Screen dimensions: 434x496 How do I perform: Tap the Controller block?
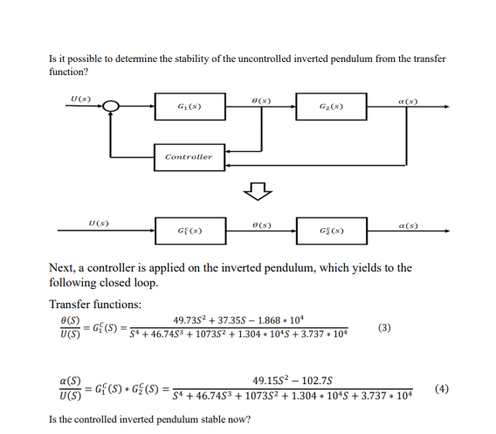coord(189,157)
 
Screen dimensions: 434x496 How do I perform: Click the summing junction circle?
coord(111,107)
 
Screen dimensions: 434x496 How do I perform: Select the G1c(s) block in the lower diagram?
coord(189,230)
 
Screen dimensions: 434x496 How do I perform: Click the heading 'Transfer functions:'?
coord(95,303)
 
